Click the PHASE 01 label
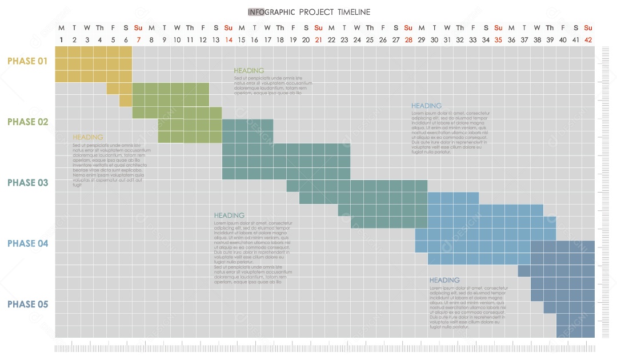[x=27, y=61]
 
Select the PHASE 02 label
[x=27, y=122]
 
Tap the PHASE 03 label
[x=27, y=183]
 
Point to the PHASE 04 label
[x=27, y=243]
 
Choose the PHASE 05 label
[x=27, y=304]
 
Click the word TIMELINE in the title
[x=354, y=12]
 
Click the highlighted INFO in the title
[x=255, y=12]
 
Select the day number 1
[x=61, y=40]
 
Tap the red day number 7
[x=138, y=40]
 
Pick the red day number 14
[x=229, y=40]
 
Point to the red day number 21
[x=318, y=40]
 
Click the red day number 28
[x=408, y=40]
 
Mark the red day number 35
[x=498, y=40]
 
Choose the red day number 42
[x=588, y=40]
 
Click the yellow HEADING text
[x=88, y=137]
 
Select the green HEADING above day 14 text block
[x=249, y=71]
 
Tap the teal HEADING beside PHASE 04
[x=229, y=215]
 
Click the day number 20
[x=306, y=40]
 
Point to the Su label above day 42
[x=588, y=28]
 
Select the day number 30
[x=434, y=40]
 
